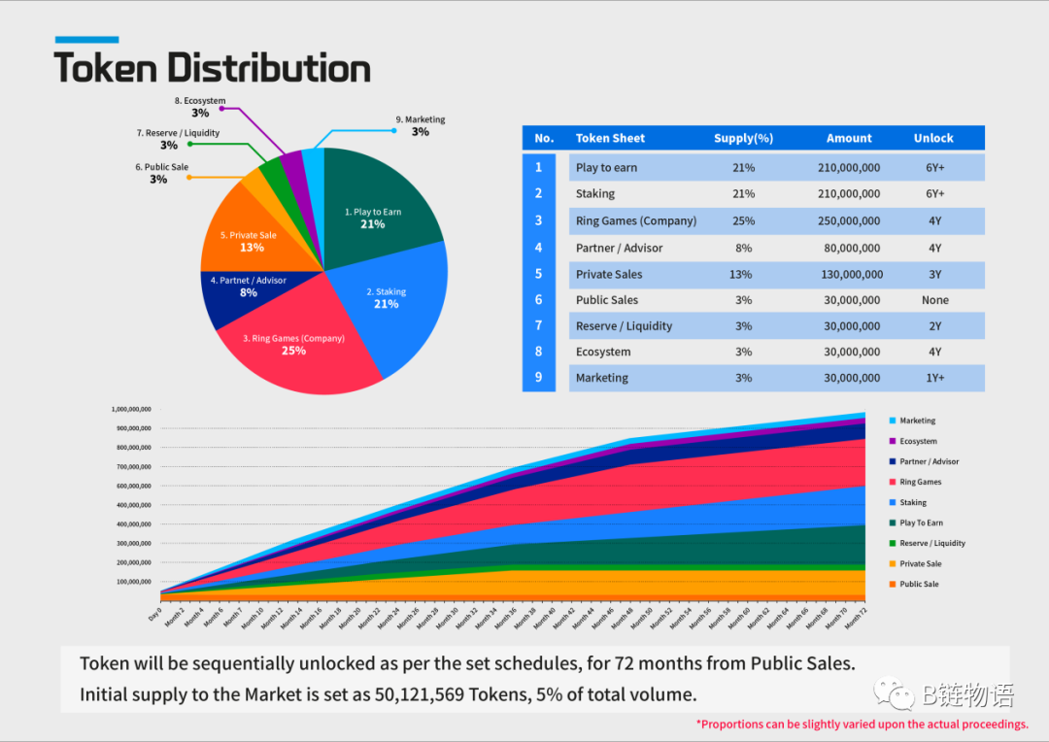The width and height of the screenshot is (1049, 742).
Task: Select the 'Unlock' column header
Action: [933, 138]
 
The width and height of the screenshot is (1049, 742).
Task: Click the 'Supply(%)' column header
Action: [743, 138]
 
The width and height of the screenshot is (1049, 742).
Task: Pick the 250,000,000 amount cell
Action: [849, 221]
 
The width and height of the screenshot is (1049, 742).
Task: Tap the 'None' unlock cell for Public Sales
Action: [934, 300]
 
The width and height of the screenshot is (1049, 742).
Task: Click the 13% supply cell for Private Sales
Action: [741, 274]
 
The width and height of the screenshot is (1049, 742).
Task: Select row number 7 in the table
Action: [539, 326]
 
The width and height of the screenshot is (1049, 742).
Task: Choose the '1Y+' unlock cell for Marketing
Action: [934, 378]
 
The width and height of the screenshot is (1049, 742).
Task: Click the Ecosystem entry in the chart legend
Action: [918, 441]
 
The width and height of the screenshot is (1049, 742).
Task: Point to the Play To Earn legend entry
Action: [921, 523]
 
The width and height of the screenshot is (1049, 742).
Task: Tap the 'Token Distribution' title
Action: [212, 68]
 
